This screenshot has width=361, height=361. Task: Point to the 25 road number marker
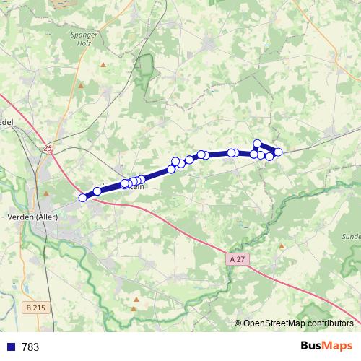(48, 149)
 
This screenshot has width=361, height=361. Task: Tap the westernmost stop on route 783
(83, 197)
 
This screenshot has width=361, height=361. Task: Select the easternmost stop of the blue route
(278, 151)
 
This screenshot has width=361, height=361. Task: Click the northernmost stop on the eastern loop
(257, 144)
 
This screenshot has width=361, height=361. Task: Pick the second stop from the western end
(97, 191)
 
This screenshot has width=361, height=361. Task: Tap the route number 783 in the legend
(30, 347)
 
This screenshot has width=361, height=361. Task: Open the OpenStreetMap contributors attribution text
(297, 323)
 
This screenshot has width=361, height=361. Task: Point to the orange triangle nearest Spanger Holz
(103, 65)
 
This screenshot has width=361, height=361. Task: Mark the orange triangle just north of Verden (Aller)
(45, 193)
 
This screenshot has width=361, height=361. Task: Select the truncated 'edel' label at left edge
(6, 122)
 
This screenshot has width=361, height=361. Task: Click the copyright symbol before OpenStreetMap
(238, 323)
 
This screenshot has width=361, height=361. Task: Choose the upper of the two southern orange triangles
(136, 297)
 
